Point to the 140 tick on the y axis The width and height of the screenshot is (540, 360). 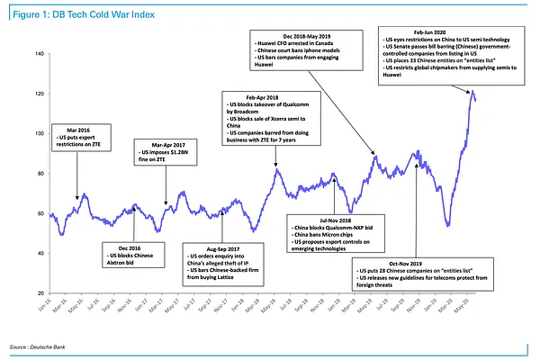(40, 54)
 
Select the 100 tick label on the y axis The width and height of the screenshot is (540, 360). (40, 134)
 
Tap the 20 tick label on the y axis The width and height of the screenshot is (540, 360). (41, 294)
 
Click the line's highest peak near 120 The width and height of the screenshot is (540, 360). (472, 90)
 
